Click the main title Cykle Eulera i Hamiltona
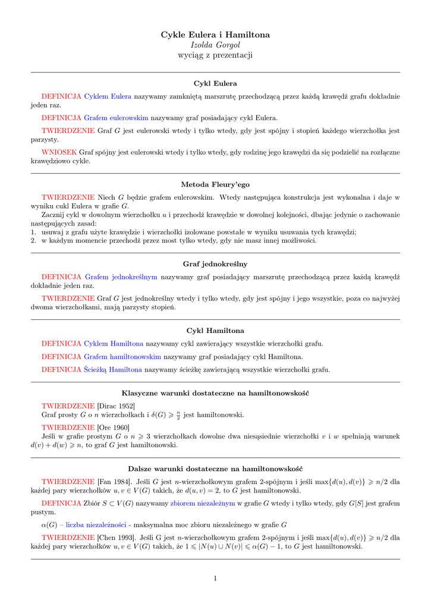215,35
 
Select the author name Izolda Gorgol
215,45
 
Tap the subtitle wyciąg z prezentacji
215,55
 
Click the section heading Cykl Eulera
215,83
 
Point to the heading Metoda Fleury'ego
215,184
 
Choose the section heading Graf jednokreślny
215,263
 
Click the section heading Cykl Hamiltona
215,331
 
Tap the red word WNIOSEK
59,152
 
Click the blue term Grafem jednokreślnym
121,277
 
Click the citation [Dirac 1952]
116,406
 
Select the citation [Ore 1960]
113,427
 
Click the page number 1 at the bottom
215,577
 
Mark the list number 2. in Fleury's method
34,241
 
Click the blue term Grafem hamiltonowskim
122,357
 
